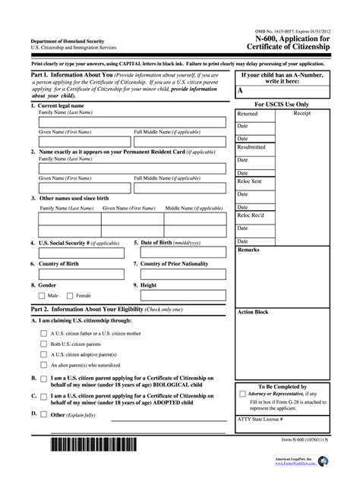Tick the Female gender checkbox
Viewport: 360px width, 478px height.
(x=70, y=295)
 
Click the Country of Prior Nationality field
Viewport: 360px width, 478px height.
(x=182, y=274)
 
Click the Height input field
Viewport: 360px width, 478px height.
(x=182, y=295)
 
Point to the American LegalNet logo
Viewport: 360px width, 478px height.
(x=299, y=460)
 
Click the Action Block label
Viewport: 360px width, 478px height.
(x=253, y=312)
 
